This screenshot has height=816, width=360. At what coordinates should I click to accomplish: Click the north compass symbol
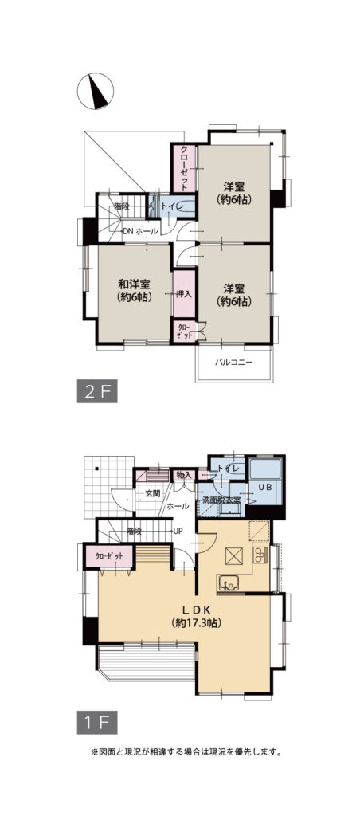pyautogui.click(x=96, y=91)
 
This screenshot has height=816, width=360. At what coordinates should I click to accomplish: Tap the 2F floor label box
pyautogui.click(x=97, y=392)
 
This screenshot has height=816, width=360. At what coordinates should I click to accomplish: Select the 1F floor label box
pyautogui.click(x=97, y=723)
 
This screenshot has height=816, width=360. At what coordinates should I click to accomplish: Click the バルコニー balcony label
pyautogui.click(x=234, y=363)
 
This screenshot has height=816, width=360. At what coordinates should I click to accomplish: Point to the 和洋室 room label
pyautogui.click(x=135, y=284)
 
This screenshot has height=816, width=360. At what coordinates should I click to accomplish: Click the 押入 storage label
pyautogui.click(x=184, y=294)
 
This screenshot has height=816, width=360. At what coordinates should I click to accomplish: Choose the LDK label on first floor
pyautogui.click(x=196, y=610)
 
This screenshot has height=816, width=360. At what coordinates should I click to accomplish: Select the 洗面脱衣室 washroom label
pyautogui.click(x=221, y=500)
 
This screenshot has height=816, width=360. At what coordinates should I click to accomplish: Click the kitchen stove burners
pyautogui.click(x=260, y=555)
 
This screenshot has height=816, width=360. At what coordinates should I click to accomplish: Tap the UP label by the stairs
pyautogui.click(x=178, y=532)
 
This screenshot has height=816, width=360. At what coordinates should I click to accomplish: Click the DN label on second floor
pyautogui.click(x=128, y=232)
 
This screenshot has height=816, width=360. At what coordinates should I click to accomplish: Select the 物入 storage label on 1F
pyautogui.click(x=184, y=474)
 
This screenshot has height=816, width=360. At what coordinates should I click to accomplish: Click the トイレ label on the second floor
pyautogui.click(x=172, y=207)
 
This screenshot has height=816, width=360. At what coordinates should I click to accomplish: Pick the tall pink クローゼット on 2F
pyautogui.click(x=184, y=168)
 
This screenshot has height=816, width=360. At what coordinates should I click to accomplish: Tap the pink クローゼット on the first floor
pyautogui.click(x=110, y=555)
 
